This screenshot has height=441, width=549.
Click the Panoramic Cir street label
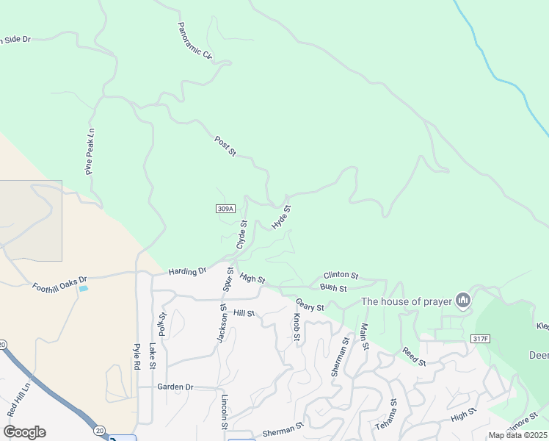[x=194, y=40]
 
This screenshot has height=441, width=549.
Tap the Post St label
[x=225, y=146]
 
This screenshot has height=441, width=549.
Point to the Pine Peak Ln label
[x=90, y=152]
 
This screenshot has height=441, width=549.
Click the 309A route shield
[x=226, y=209]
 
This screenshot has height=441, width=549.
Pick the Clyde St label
[x=241, y=234]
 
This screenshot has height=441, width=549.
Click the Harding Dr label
[x=187, y=271]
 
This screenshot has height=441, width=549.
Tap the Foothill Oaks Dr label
[x=59, y=283]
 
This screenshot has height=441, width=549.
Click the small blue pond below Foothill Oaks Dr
[x=83, y=289]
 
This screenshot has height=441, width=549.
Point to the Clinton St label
[x=340, y=276]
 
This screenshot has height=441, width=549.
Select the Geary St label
[x=310, y=304]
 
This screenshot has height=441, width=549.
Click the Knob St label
[x=297, y=329]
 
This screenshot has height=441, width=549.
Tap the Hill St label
[x=244, y=313]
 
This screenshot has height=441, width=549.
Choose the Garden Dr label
[x=175, y=387]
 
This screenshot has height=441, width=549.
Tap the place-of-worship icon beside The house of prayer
[x=463, y=300]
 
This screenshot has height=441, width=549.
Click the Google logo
[x=24, y=432]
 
